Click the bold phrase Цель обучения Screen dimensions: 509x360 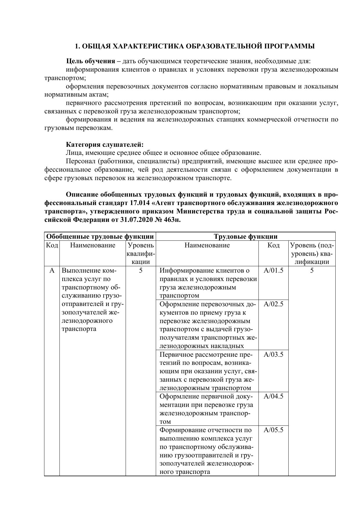pos(91,61)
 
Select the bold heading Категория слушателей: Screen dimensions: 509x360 pos(105,144)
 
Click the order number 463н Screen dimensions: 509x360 pos(172,220)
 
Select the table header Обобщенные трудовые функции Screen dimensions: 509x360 pos(100,236)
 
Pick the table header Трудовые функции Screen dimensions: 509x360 pos(245,236)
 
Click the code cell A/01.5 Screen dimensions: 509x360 pos(273,271)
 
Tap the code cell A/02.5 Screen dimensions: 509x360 pos(273,304)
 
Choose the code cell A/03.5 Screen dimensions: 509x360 pos(273,354)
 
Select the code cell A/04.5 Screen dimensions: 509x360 pos(273,396)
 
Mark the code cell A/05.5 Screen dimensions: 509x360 pos(273,430)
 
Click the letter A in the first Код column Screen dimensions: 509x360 pos(52,271)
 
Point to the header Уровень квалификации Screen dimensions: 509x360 pos(141,253)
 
